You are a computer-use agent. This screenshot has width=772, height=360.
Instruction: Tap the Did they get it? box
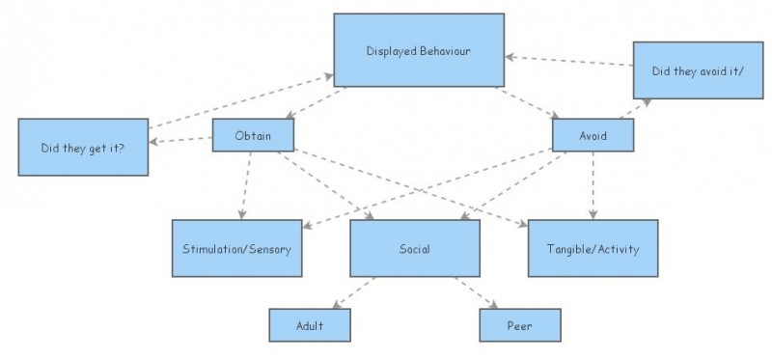(82, 147)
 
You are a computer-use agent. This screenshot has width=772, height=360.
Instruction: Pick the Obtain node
(252, 135)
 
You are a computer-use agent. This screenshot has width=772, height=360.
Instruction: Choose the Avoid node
(593, 135)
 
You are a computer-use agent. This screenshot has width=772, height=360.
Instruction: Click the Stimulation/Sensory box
(236, 249)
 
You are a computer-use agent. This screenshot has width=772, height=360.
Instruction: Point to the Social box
(414, 249)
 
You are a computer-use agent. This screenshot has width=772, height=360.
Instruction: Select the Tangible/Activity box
(593, 249)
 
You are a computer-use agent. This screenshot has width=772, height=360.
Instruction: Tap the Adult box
(309, 326)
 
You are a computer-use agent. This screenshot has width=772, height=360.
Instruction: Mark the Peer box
(519, 326)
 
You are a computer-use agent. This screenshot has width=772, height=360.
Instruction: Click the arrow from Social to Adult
(354, 292)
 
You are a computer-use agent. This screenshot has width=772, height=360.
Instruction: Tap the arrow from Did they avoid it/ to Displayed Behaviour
(569, 63)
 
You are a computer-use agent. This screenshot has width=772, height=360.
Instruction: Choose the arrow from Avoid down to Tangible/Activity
(593, 185)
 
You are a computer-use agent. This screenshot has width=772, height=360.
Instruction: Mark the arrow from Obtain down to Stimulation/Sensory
(245, 183)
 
